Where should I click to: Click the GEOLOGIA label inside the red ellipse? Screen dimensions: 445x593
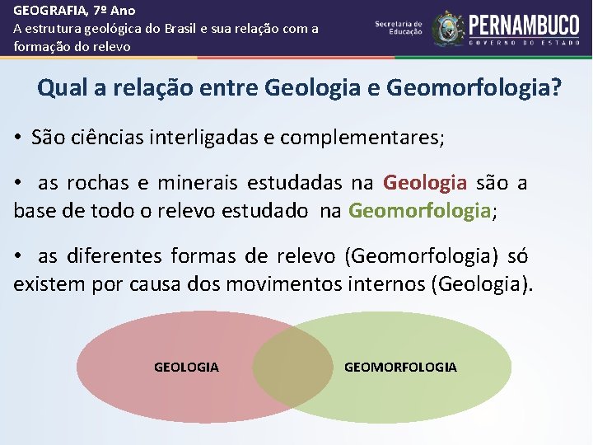tap(186, 367)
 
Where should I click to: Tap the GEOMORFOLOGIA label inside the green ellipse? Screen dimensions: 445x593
tap(400, 367)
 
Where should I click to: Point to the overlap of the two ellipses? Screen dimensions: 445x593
tap(292, 367)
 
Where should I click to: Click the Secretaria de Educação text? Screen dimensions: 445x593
tap(399, 27)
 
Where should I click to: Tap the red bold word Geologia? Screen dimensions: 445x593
tap(425, 182)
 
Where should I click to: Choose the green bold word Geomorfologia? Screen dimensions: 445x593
tap(419, 211)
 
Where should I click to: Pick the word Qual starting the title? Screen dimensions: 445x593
tap(59, 87)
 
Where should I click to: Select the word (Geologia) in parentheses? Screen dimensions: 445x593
tap(484, 285)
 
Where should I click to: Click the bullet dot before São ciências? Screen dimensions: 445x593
tap(17, 138)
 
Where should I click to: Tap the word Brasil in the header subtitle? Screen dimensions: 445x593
tap(184, 29)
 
